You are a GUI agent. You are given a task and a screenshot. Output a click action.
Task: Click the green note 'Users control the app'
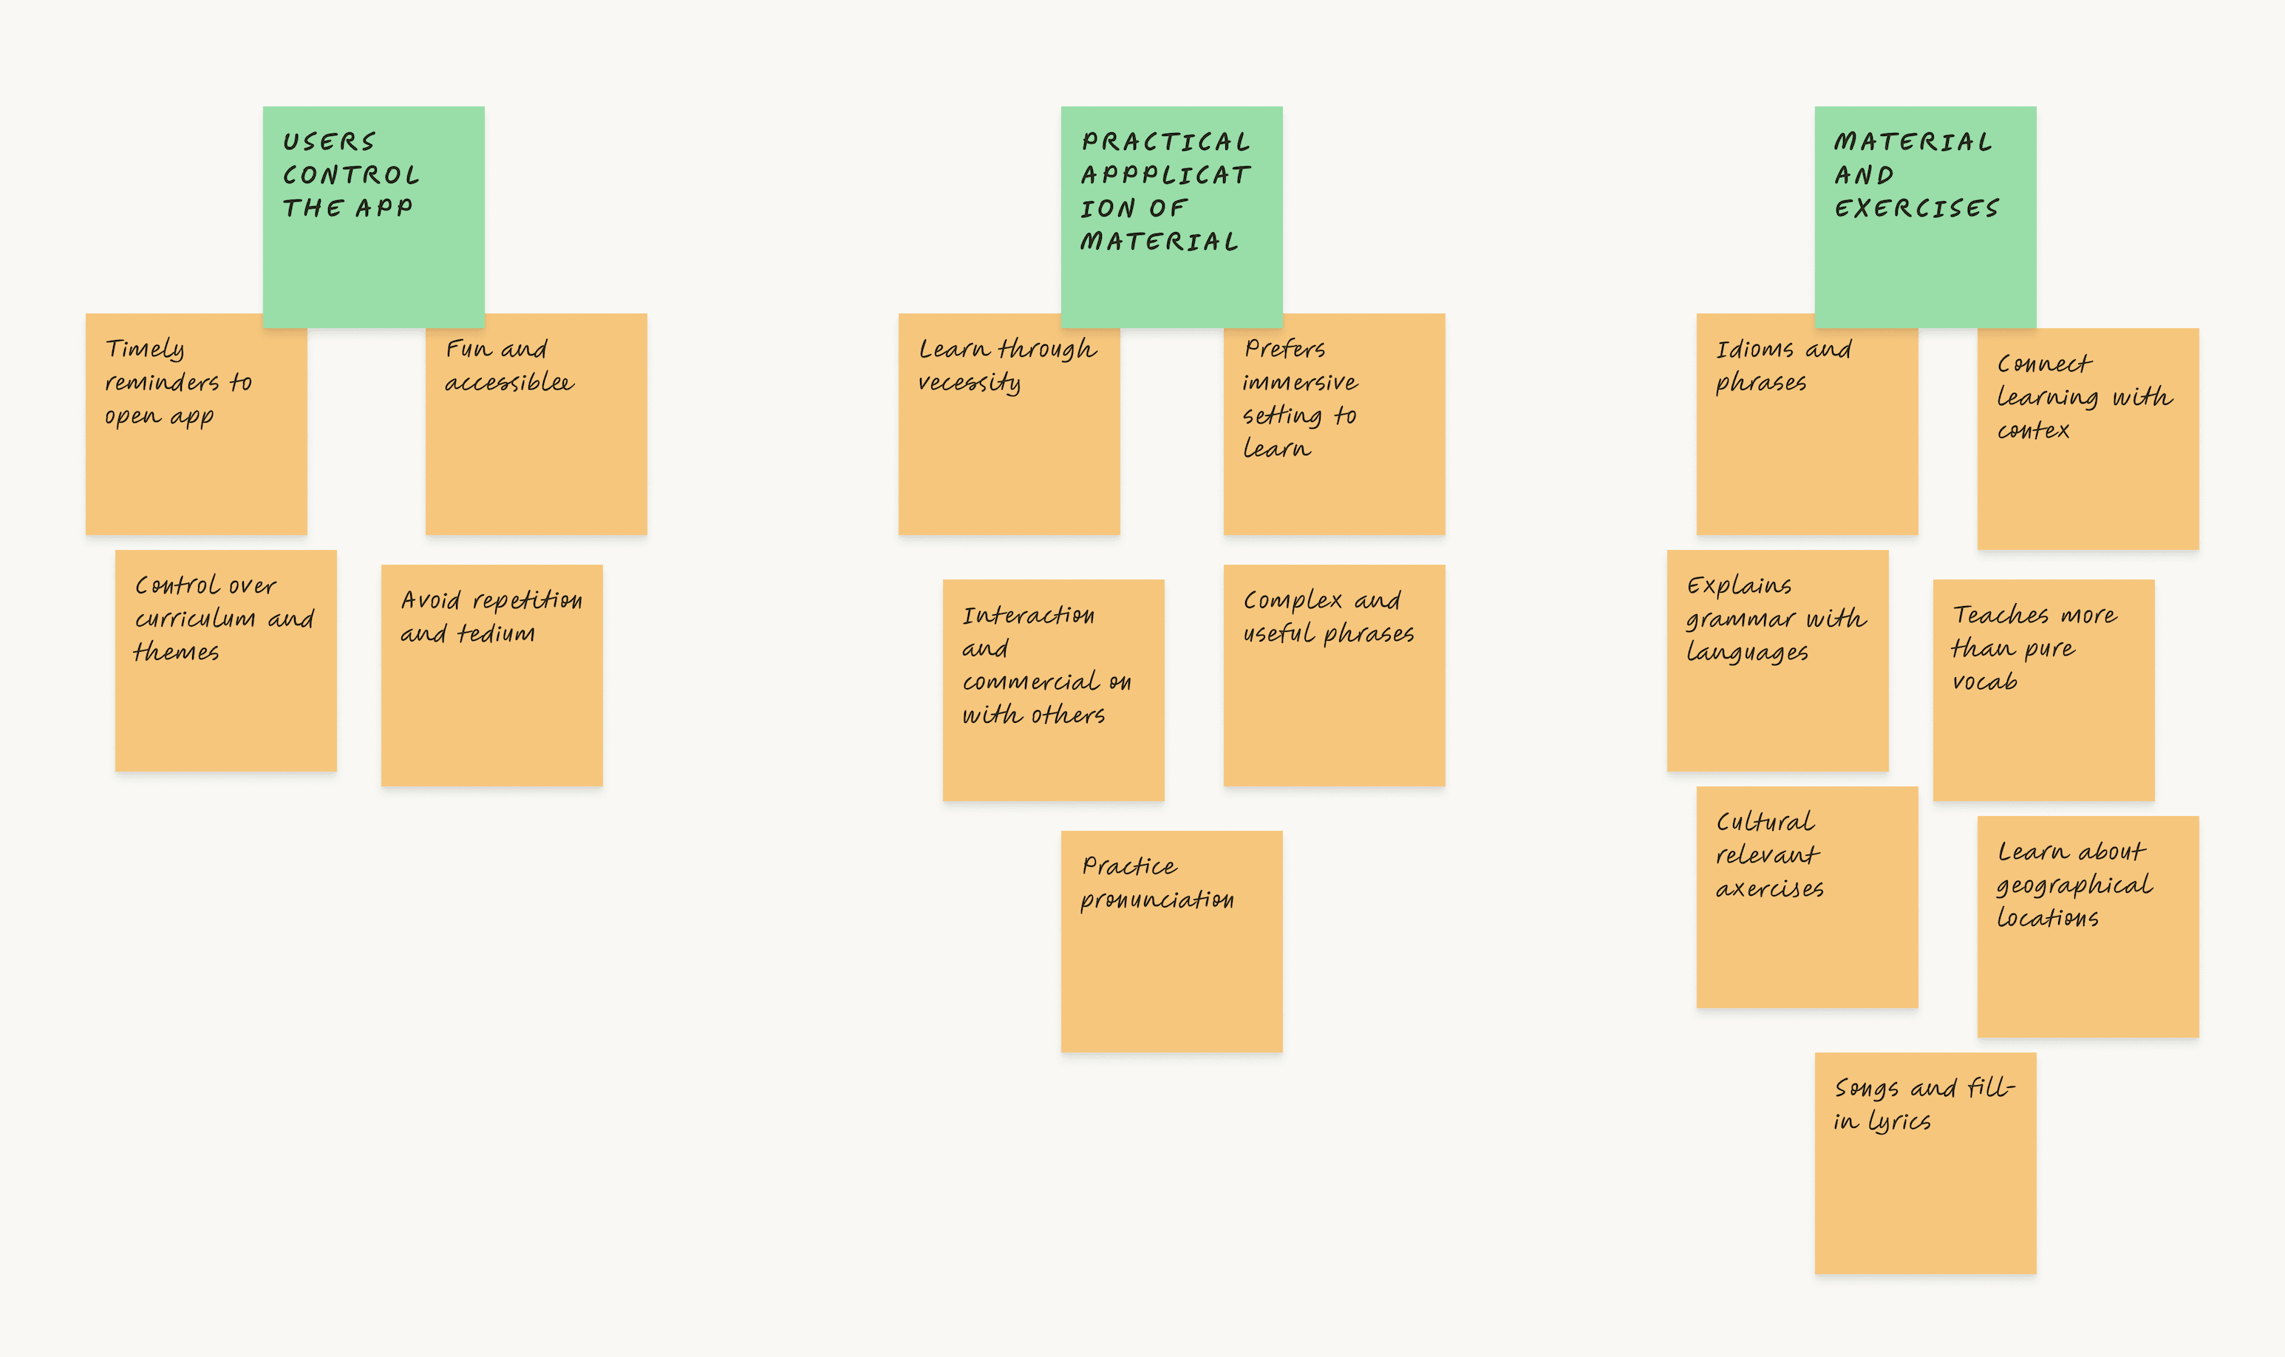(373, 217)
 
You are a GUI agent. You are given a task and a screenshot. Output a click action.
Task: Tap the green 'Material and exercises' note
(1925, 217)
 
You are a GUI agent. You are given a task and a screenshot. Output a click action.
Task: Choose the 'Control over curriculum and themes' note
(225, 660)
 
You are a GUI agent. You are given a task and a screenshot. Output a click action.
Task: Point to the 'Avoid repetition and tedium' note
(491, 675)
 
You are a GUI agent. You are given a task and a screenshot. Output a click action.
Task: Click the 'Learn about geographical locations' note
(2088, 926)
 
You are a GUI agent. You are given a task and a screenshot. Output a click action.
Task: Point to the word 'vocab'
(1984, 682)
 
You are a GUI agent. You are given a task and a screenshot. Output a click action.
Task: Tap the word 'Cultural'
(1765, 822)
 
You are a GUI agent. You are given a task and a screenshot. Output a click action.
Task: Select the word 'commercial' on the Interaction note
(1031, 682)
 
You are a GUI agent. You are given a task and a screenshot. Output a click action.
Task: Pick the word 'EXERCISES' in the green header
(1917, 208)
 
